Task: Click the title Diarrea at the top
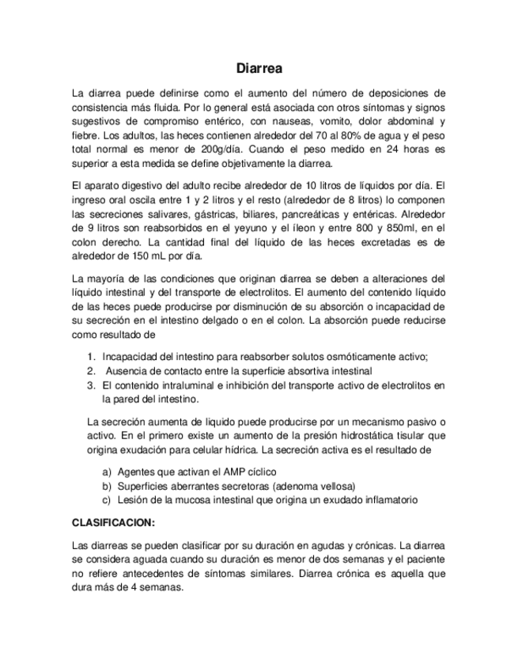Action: pos(259,69)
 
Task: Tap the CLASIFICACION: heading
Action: pos(113,523)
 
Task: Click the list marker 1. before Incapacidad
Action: pos(92,357)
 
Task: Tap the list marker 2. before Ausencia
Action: pos(92,370)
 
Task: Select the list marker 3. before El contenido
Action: pos(92,385)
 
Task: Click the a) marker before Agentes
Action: pos(107,471)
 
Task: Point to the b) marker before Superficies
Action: pos(107,485)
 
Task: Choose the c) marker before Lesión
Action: pos(107,499)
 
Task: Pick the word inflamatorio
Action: pos(389,499)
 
